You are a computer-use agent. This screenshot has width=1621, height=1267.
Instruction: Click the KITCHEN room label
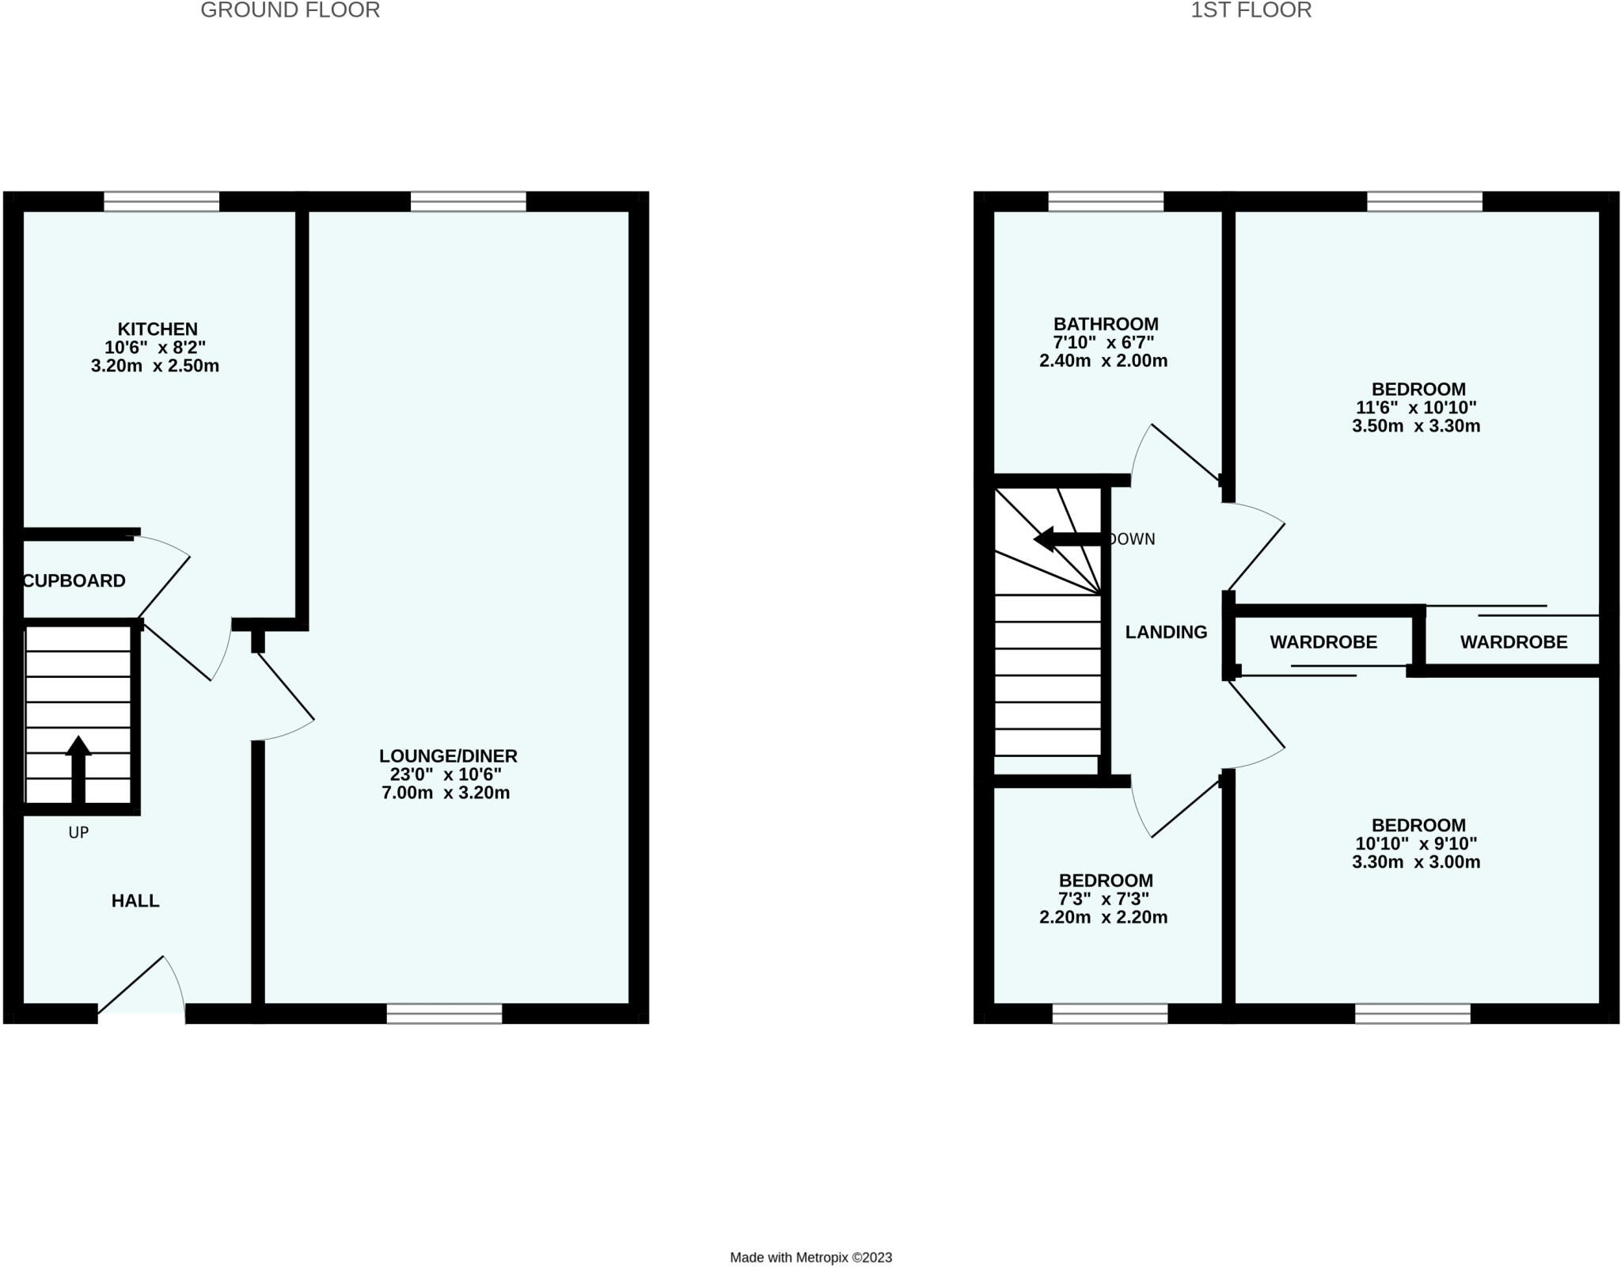click(158, 329)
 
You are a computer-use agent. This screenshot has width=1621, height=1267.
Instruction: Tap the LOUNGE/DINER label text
click(448, 755)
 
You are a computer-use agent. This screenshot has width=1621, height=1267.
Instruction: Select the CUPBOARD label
click(74, 580)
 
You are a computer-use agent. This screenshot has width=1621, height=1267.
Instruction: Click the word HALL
click(135, 900)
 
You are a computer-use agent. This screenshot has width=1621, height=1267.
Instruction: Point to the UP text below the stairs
click(78, 832)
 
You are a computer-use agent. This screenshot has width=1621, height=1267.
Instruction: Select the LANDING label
click(1166, 632)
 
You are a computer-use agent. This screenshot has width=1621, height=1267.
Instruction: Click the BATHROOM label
click(1105, 324)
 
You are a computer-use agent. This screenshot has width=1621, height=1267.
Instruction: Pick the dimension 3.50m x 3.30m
click(1416, 426)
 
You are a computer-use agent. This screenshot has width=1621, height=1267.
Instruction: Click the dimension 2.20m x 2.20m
click(1103, 917)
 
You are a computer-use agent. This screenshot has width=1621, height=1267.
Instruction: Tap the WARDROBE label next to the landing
click(1323, 642)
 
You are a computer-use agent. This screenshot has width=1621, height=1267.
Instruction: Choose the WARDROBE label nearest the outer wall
click(1513, 642)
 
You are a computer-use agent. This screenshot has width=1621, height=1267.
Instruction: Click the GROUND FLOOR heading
click(290, 10)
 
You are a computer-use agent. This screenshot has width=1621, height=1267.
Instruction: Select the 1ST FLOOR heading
click(1251, 10)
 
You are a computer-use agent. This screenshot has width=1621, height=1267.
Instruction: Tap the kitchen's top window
click(161, 201)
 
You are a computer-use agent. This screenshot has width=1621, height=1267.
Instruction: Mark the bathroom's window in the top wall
click(1106, 201)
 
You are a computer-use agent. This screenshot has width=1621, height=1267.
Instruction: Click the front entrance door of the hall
click(141, 990)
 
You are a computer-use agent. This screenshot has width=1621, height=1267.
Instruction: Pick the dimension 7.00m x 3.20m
click(446, 793)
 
